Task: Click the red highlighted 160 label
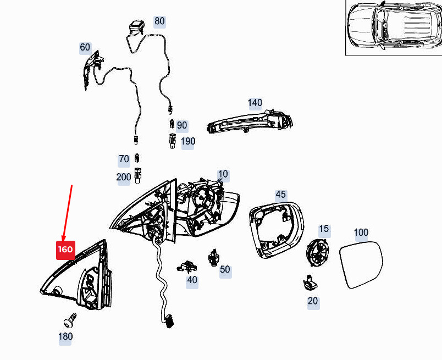coord(65,250)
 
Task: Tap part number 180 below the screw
coord(65,336)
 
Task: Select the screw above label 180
coord(69,320)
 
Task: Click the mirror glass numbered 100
coord(361,265)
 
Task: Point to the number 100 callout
coord(361,232)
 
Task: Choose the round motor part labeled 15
coord(318,253)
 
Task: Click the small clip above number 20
coord(310,282)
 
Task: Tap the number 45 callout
coord(280,195)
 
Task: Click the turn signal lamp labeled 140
coord(250,122)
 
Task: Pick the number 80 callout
coord(159,21)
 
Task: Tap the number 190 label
coord(187,141)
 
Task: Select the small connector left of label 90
coord(172,124)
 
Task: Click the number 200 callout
coord(124,177)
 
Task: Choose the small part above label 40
coord(186,267)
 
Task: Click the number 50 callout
coord(225,269)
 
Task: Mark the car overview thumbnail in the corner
coord(394,27)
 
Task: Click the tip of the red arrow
coord(63,240)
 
